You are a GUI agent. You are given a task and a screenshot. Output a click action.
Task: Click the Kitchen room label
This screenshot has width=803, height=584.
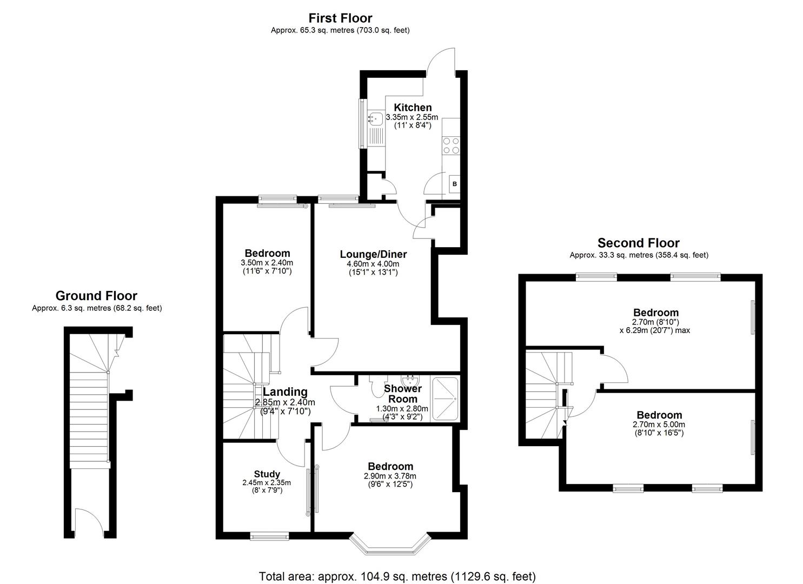[412, 107]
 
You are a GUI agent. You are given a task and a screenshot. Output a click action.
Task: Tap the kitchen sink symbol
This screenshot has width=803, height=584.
[375, 117]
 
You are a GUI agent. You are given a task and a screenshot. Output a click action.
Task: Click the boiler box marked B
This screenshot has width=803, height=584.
[454, 184]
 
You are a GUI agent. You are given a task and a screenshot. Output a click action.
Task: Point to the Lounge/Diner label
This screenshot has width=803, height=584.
[373, 254]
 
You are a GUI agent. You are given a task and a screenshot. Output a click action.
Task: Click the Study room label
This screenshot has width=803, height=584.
[267, 474]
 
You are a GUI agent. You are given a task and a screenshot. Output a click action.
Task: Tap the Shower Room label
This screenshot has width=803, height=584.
[402, 394]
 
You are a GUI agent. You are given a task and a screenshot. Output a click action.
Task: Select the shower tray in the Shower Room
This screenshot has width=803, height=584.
[444, 400]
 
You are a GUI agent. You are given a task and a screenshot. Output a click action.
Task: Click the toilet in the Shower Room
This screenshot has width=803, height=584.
[377, 384]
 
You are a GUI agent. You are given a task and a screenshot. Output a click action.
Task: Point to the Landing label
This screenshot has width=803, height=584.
[285, 392]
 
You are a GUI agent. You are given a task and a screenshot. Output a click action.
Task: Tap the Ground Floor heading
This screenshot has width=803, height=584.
[96, 296]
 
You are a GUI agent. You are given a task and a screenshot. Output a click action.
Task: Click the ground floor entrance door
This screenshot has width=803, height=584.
[88, 522]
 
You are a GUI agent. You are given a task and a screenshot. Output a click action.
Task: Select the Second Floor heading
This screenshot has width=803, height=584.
[638, 243]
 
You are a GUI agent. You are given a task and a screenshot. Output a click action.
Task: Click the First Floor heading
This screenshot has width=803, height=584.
[340, 18]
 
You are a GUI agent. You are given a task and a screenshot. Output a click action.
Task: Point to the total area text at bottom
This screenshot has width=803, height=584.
[397, 576]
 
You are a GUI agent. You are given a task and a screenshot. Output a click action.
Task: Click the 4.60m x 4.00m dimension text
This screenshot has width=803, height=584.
[373, 264]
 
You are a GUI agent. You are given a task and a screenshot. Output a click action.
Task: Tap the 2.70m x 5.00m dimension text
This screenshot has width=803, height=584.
[658, 424]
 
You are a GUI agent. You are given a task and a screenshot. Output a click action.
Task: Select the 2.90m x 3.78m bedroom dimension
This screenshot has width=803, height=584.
[390, 476]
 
